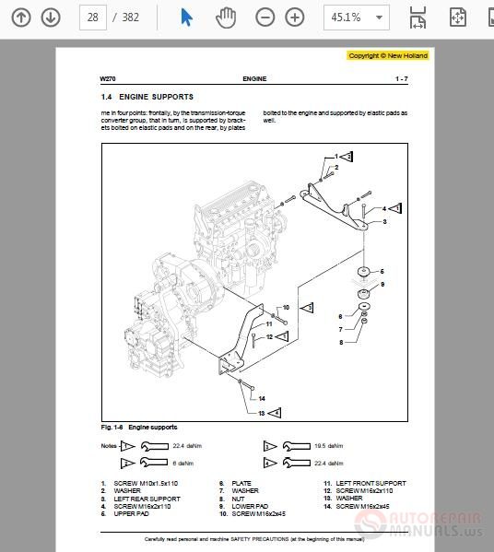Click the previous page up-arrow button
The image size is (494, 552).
(21, 18)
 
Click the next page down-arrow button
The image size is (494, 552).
(51, 18)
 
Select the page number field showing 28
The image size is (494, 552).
(92, 18)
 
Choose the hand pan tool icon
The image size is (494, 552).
(225, 18)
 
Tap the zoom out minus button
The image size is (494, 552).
(265, 18)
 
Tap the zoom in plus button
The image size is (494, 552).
(294, 18)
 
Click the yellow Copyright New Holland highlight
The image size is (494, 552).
(388, 55)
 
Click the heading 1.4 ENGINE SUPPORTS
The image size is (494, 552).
(147, 97)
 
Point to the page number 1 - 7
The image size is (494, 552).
(402, 79)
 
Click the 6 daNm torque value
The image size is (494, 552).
(181, 464)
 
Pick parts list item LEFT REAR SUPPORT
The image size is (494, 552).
(147, 499)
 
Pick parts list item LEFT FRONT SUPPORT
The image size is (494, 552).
(370, 484)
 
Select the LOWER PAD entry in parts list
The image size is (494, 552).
(250, 506)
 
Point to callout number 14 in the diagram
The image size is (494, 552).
(261, 399)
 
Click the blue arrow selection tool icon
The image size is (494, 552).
(186, 18)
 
